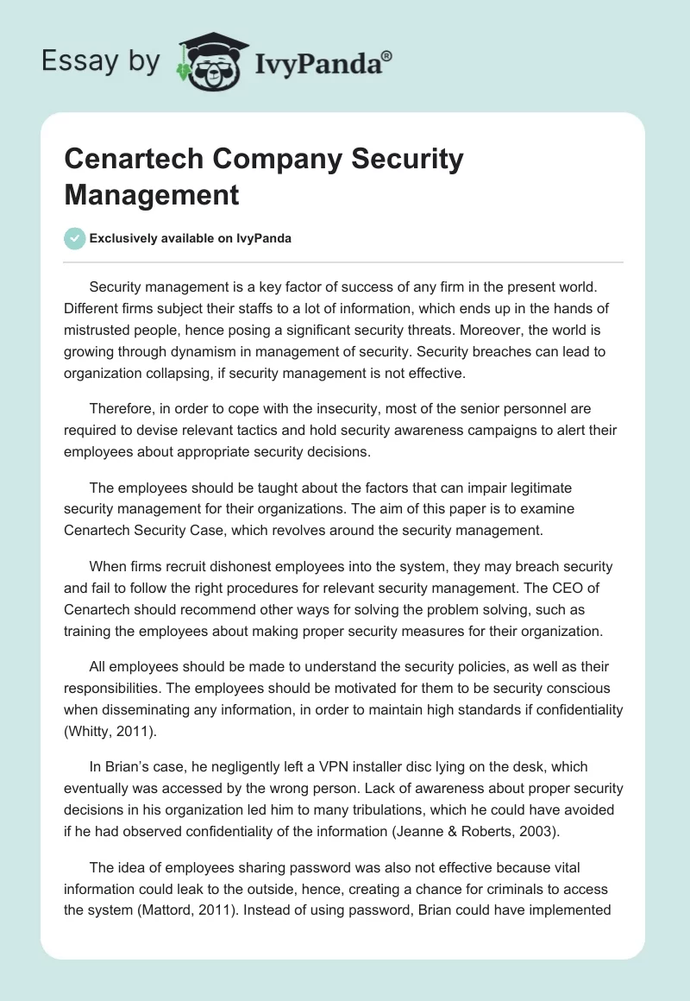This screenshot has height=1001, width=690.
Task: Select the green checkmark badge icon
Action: point(75,238)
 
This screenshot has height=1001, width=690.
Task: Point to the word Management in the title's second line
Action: point(151,195)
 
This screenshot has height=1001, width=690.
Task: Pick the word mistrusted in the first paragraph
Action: point(105,329)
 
